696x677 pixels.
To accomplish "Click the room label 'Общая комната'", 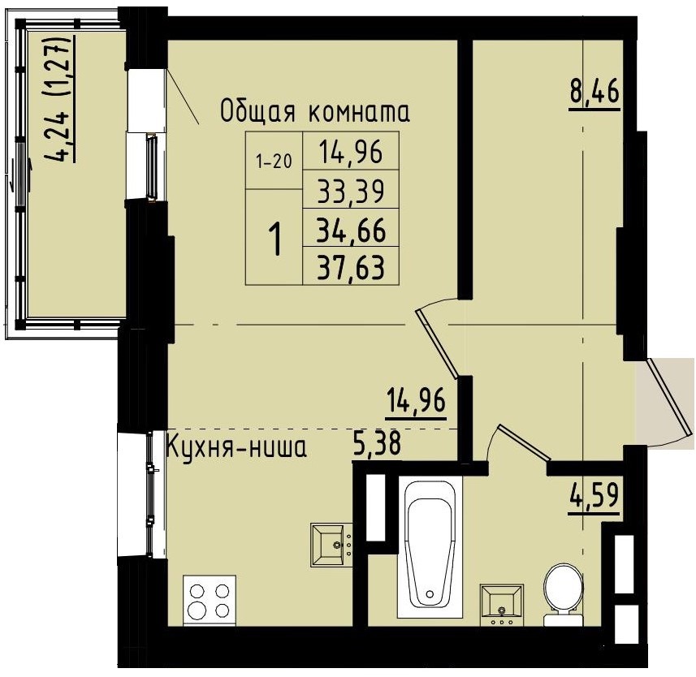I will [x=315, y=112].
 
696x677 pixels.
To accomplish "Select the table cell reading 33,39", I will [x=351, y=192].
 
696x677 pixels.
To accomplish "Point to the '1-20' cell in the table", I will [x=273, y=161].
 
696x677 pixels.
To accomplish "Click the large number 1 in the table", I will [x=275, y=239].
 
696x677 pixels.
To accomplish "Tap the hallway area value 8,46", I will [x=594, y=92].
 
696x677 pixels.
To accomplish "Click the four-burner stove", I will [x=210, y=600].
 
